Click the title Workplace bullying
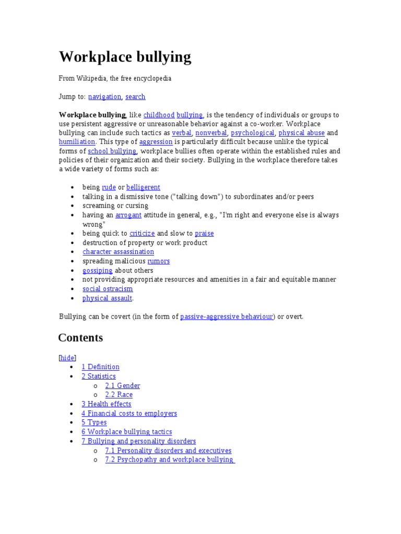[125, 57]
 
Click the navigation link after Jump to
[104, 96]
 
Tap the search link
[135, 96]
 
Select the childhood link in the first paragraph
[159, 115]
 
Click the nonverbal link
[211, 133]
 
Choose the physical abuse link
[301, 133]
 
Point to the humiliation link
[77, 142]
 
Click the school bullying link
[112, 151]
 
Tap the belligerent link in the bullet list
[143, 187]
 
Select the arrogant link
[128, 215]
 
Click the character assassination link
[118, 252]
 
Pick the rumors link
[158, 261]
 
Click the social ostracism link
[108, 289]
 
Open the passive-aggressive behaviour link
[227, 317]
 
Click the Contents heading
[80, 338]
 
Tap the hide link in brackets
[67, 358]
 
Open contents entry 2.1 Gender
[122, 386]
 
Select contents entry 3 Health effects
[106, 404]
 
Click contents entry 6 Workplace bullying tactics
[126, 432]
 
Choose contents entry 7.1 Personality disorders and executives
[168, 451]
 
